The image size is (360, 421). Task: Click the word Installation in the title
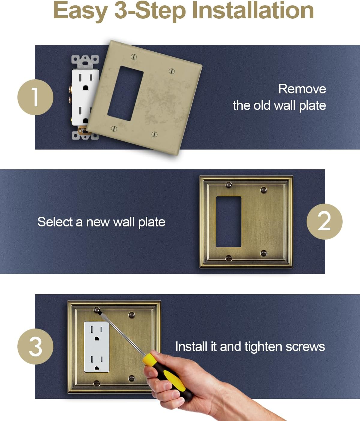point(255,11)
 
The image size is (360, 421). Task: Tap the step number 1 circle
point(35,97)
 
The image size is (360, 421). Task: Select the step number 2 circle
point(324,222)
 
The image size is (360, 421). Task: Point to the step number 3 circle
point(35,347)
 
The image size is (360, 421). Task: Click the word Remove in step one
point(302,89)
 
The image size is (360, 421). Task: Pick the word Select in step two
point(55,222)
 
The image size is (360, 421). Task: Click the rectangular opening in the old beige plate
point(125,93)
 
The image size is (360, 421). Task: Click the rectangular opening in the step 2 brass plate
point(229,222)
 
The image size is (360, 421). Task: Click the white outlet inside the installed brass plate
point(97,347)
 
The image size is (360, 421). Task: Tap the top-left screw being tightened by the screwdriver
point(97,310)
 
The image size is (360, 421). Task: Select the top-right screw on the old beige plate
point(172,71)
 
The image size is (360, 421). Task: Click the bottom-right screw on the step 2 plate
point(264,253)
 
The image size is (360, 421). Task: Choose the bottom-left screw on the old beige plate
point(114,129)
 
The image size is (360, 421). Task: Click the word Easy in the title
point(80,11)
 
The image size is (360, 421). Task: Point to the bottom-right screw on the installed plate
point(131,378)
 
